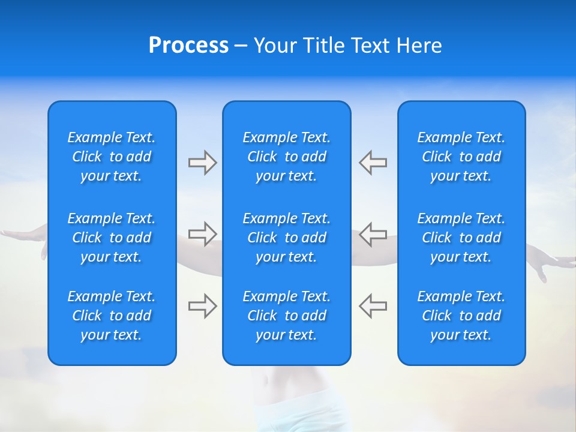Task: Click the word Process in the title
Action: tap(188, 46)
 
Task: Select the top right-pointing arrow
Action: tap(202, 163)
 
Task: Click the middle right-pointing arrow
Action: tap(202, 234)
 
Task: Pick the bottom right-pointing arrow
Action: tap(202, 305)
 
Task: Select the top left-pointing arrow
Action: tap(373, 163)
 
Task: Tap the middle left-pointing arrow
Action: tap(373, 234)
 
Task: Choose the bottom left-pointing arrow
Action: tap(373, 305)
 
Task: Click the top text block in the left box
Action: tap(112, 157)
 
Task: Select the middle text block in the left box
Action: tap(112, 238)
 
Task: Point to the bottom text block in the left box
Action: tap(112, 316)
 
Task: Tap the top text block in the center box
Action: tap(287, 157)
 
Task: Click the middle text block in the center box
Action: tap(287, 238)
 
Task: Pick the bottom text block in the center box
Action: tap(287, 316)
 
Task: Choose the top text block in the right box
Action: tap(461, 157)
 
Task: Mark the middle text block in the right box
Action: tap(461, 238)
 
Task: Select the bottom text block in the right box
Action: tap(461, 316)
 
